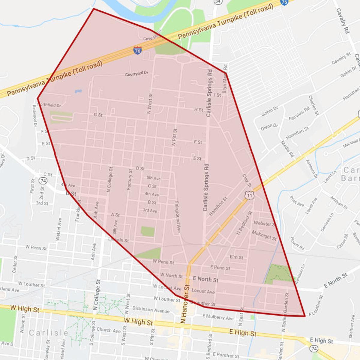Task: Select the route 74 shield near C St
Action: [43, 181]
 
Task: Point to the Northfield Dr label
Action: [49, 106]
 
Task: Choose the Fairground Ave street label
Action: [178, 217]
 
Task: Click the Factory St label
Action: [130, 180]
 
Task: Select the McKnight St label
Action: [264, 235]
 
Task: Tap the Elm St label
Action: [236, 257]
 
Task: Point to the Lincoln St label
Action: [119, 240]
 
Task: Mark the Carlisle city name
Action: [49, 333]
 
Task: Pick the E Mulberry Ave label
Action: [218, 317]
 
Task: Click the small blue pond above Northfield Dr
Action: [78, 90]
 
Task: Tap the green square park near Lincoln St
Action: [148, 232]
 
